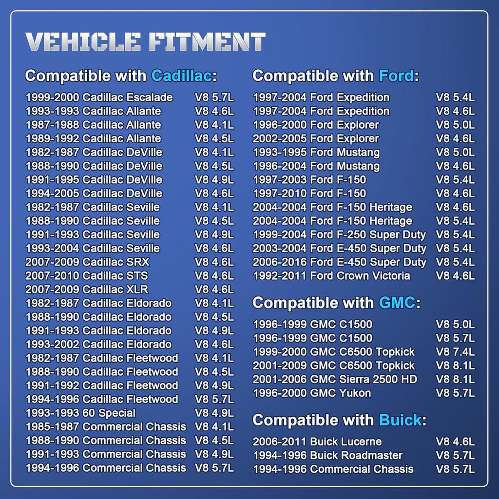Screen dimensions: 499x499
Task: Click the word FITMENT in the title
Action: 207,42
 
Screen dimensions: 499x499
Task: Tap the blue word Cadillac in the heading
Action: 181,76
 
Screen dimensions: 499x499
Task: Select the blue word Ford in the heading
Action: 396,76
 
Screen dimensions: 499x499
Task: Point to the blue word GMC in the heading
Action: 397,303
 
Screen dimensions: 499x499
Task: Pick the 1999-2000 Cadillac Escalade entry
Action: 99,97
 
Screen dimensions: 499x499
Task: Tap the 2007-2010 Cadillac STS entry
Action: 86,276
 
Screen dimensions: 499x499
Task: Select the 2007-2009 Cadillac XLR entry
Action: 87,289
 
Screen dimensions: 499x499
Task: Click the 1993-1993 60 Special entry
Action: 80,413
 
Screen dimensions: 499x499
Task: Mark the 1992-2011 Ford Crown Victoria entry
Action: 331,276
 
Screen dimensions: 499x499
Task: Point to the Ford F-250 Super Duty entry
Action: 339,235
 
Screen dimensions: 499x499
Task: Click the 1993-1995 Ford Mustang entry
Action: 316,153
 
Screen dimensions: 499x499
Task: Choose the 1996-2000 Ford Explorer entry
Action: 315,125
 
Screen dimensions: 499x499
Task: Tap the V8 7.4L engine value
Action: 455,352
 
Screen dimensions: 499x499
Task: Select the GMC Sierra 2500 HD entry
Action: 335,379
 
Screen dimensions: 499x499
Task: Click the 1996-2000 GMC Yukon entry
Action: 311,393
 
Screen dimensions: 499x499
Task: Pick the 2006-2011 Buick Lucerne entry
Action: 317,442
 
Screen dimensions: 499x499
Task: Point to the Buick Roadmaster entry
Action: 327,456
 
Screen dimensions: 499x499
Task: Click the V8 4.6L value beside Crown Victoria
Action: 455,276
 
